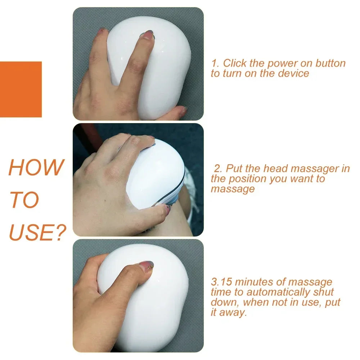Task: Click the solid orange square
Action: point(21,89)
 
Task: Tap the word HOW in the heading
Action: point(36,167)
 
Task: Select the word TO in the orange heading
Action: point(24,200)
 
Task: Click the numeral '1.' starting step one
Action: point(215,63)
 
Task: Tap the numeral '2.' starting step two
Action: point(219,169)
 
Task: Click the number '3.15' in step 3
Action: point(222,282)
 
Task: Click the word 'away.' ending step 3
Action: point(234,312)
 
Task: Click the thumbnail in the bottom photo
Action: point(146,266)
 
